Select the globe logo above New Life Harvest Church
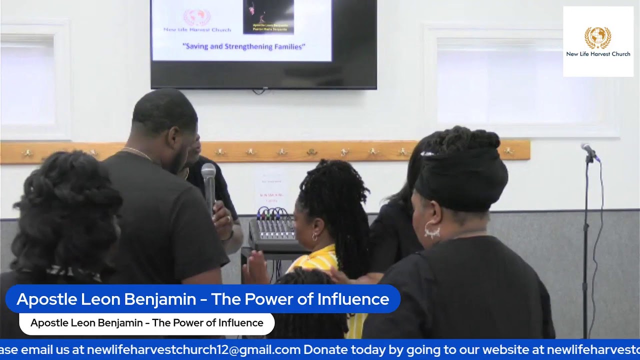pos(597,37)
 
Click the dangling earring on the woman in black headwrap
pos(432,231)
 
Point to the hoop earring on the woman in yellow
pos(315,236)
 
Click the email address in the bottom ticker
pos(193,349)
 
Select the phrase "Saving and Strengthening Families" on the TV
pos(243,46)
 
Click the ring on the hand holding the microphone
pos(228,218)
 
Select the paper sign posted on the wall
pos(270,190)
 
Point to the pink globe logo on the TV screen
pos(196,17)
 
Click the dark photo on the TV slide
pos(268,16)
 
